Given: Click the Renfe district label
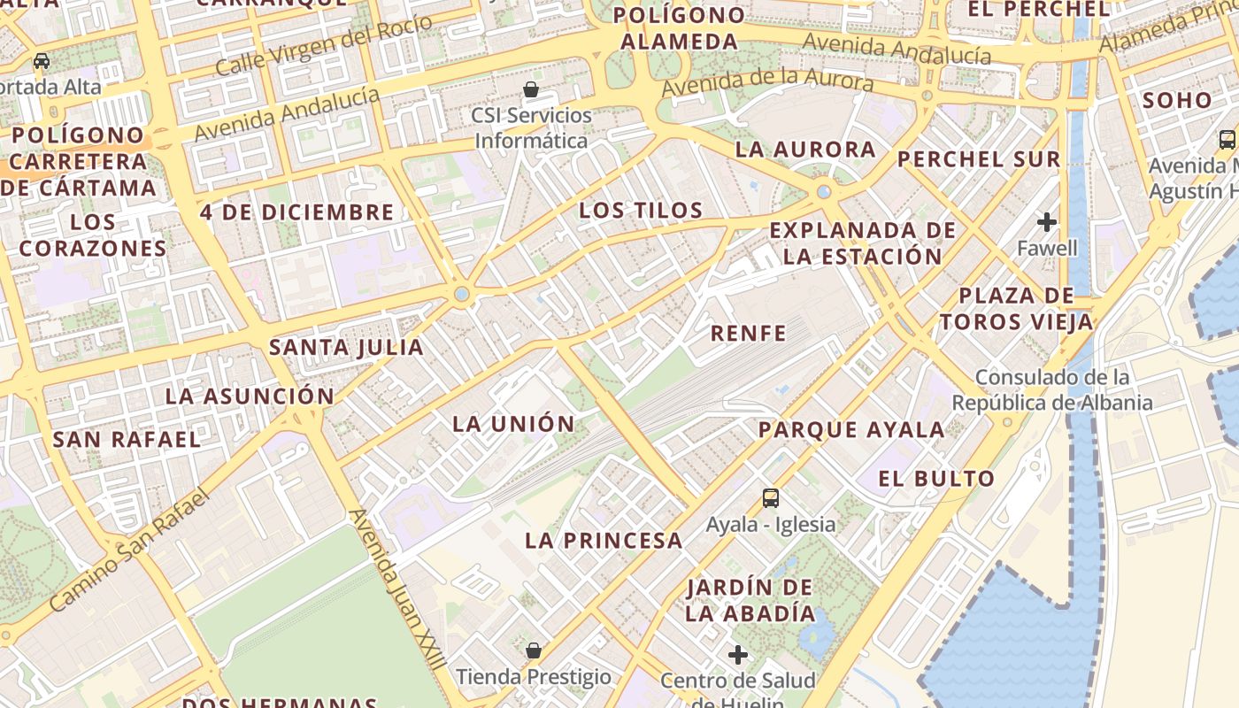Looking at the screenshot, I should (x=748, y=333).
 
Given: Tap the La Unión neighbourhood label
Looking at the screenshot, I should (x=513, y=424).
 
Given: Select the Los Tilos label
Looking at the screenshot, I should (x=641, y=211).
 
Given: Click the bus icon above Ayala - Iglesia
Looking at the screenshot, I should (x=771, y=498).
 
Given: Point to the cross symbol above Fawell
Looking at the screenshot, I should (x=1047, y=221).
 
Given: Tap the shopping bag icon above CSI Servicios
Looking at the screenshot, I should (x=531, y=89).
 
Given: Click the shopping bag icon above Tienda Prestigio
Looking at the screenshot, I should (x=534, y=651).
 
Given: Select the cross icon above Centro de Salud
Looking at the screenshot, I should (x=737, y=655).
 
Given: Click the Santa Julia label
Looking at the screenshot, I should (x=346, y=348).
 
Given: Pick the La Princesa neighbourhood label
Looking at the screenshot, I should (x=604, y=541).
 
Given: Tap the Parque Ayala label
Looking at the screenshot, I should (x=851, y=431).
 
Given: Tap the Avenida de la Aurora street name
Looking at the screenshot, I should (x=767, y=82).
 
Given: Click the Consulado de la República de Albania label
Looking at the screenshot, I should (x=1052, y=390).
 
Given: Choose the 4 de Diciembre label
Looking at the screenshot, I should (x=296, y=212).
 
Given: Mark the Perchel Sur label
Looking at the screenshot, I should (x=978, y=160).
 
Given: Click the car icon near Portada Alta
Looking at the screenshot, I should (x=42, y=62).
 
